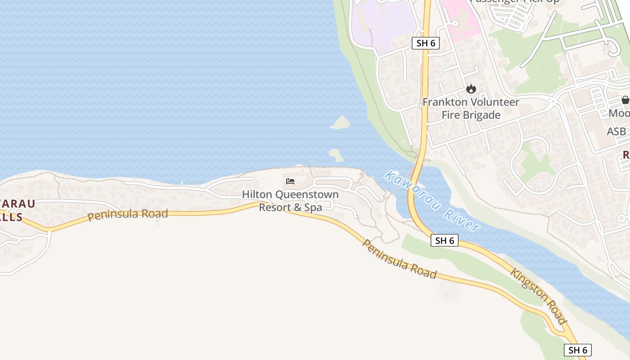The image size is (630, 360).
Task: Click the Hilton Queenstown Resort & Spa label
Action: coord(290,201)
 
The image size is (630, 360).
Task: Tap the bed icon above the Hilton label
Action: coord(290,181)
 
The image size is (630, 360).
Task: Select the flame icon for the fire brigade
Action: coord(471,89)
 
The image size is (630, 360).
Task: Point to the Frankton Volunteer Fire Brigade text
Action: coord(471,108)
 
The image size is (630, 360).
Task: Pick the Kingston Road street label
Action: coord(538,296)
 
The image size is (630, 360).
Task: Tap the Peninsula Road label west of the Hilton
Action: coord(127,214)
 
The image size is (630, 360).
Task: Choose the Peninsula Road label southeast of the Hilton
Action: coord(399,259)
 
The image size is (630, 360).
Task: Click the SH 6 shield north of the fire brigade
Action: coord(425,43)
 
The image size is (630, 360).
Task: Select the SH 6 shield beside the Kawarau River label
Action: coord(445,240)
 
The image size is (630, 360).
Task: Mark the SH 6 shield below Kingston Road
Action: coord(577,350)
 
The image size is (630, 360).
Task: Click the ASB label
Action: coord(616,131)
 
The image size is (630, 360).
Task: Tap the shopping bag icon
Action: coord(625,100)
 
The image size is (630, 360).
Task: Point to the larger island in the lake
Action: coord(341,122)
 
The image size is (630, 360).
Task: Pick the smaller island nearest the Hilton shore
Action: coord(336,155)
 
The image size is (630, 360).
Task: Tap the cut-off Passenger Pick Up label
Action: coord(514,1)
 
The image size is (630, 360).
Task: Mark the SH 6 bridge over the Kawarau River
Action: coord(413,189)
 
